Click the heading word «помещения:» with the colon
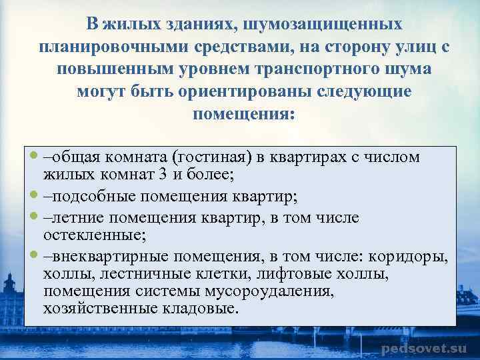(x=243, y=113)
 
